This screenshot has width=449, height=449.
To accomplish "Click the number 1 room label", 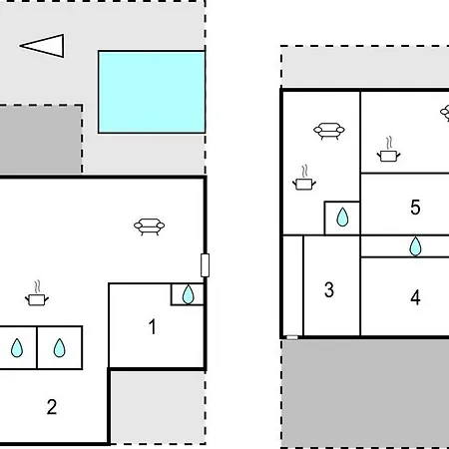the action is click(x=153, y=326).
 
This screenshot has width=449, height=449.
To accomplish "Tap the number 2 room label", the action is click(x=52, y=407).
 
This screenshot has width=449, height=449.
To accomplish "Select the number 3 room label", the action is click(x=329, y=289).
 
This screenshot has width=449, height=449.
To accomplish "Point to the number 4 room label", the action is click(x=415, y=297).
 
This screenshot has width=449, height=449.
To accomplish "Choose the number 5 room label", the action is click(x=415, y=208).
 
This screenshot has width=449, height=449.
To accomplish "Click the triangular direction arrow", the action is click(x=42, y=46).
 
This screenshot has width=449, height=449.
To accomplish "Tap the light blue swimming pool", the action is click(x=152, y=92).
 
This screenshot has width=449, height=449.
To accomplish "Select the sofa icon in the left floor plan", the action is click(x=149, y=226).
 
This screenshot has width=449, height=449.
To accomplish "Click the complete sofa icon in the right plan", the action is click(x=329, y=131).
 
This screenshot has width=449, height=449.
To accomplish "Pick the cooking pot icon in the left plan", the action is click(x=37, y=294).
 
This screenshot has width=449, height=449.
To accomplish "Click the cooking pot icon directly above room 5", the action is click(x=388, y=151).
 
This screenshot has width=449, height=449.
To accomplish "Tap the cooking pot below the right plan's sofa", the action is click(x=304, y=179).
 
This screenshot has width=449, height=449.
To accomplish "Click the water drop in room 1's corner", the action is click(x=189, y=294).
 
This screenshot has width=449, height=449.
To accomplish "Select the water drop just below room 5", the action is click(x=415, y=246).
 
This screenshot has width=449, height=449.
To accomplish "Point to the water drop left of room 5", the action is click(x=342, y=218).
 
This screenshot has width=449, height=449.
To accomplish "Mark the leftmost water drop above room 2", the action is click(x=17, y=348).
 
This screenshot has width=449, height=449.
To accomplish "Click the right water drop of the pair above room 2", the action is click(x=60, y=348).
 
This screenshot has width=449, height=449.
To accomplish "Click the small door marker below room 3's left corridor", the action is click(x=292, y=337).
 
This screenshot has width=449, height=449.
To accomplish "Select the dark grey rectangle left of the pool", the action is click(x=41, y=139).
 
